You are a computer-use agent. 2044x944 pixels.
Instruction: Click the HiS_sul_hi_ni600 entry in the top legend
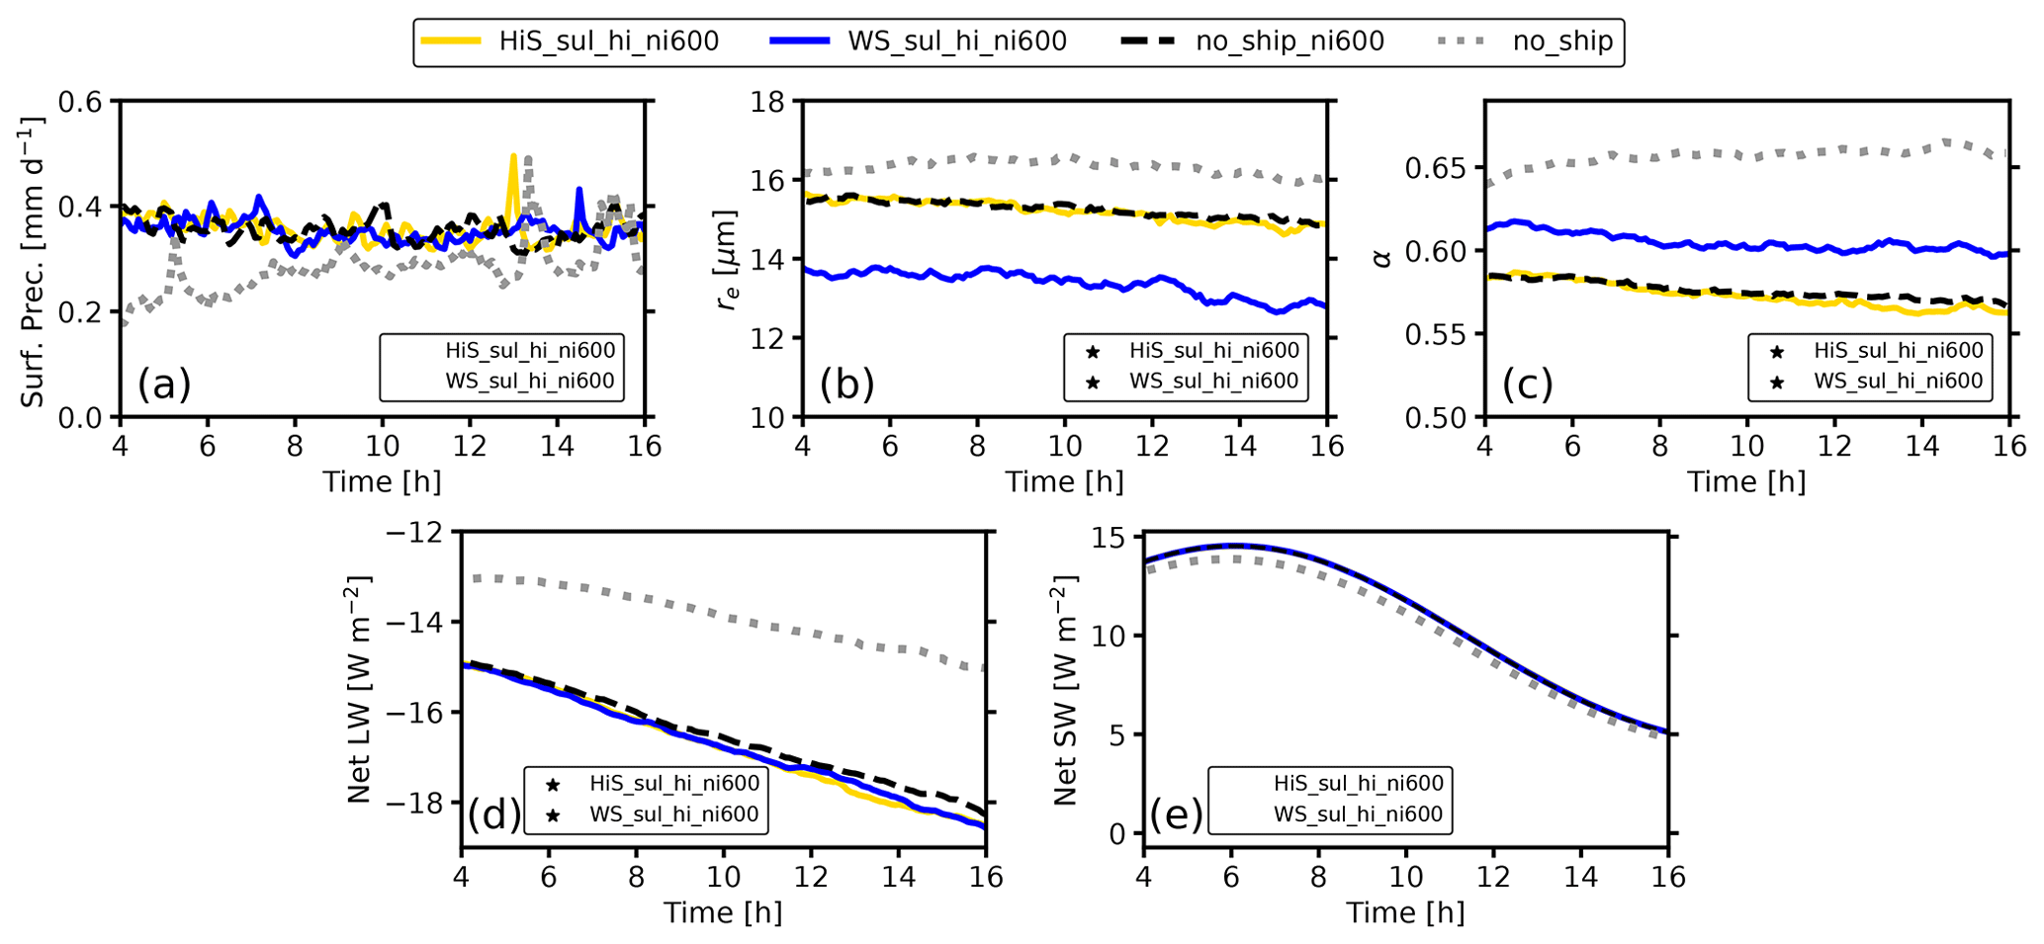pos(608,42)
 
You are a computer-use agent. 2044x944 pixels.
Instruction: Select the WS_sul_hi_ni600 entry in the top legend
pos(956,42)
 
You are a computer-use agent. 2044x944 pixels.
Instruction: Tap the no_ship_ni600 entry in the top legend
pos(1289,42)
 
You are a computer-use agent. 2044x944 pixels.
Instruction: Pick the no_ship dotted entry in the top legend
pos(1562,42)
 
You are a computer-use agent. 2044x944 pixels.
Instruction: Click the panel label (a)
pos(164,384)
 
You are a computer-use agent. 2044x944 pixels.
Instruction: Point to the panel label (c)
pos(1529,384)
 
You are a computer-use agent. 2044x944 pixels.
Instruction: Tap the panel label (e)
pos(1176,815)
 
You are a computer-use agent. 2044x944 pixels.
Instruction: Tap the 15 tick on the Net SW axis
pos(1111,538)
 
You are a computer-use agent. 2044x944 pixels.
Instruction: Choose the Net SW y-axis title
pos(1065,689)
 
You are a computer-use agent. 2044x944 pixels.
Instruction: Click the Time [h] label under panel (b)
pos(1064,482)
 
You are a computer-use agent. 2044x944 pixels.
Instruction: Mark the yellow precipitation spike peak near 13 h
pos(513,156)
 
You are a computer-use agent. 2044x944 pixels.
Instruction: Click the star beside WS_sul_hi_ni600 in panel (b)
pos(1093,383)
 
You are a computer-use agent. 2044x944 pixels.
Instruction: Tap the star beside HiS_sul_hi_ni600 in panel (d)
pos(553,785)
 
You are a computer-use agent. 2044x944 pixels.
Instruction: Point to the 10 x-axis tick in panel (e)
pos(1405,877)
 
